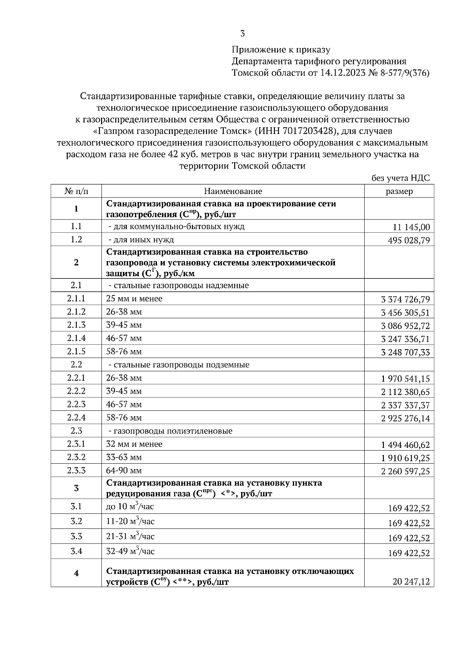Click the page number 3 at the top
[242, 34]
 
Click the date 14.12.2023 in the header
[343, 73]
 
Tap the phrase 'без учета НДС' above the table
[400, 178]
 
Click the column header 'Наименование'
[233, 191]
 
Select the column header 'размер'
[399, 191]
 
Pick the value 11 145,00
[411, 227]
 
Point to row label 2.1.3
[76, 325]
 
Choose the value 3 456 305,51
[405, 312]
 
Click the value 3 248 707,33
[405, 352]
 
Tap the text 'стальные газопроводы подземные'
[181, 365]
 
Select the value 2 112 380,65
[405, 392]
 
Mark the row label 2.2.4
[76, 417]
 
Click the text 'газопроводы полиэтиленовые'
[172, 430]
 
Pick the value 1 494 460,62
[405, 445]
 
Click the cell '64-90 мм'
[124, 471]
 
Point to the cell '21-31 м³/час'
[130, 537]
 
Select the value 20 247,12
[411, 581]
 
